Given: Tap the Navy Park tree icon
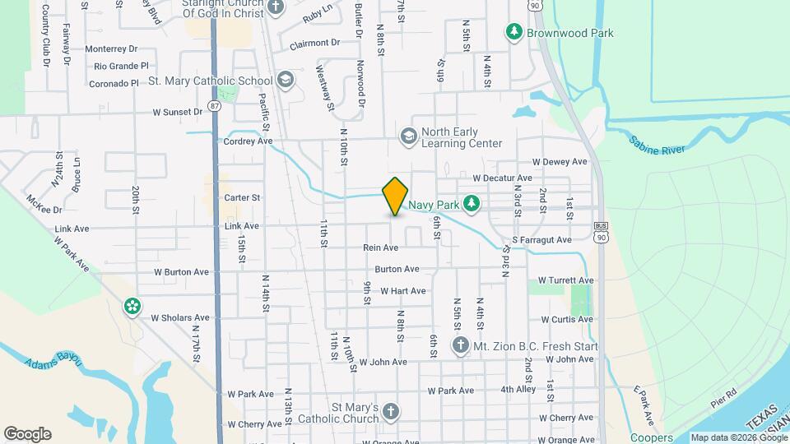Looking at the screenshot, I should pos(472,202).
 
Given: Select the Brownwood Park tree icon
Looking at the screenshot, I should pos(514,32).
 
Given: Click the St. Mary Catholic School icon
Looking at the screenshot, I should pos(286,80).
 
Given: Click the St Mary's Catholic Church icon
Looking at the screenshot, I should pos(391,411).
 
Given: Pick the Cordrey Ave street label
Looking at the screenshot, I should pos(248,141).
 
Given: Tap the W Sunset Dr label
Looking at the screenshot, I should pos(177,112).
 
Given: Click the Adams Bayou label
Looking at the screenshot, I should pos(54,361).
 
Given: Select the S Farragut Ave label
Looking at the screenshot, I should pos(541,240).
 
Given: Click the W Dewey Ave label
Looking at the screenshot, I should pos(560,162).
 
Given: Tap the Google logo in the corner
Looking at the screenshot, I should pos(27,434).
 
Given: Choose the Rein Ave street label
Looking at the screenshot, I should pos(380,247).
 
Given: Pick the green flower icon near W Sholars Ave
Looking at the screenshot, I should pos(132,307).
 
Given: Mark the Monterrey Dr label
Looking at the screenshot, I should pos(115,49).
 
